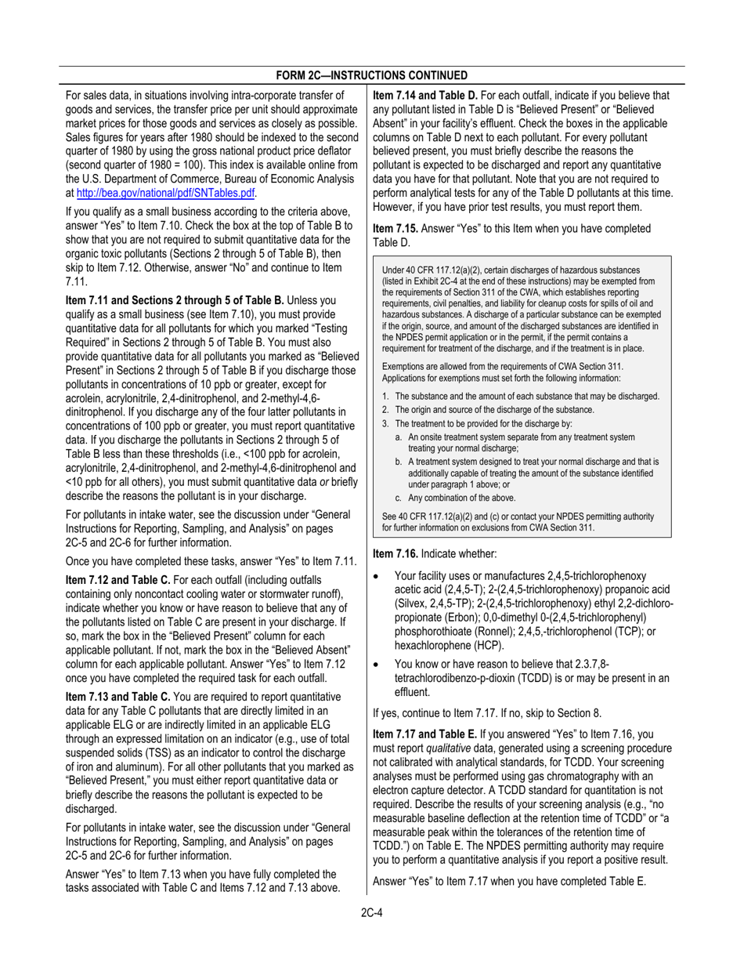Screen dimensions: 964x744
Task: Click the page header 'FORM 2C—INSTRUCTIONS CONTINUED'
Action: click(x=372, y=75)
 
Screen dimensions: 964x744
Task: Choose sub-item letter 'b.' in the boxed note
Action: click(x=399, y=462)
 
